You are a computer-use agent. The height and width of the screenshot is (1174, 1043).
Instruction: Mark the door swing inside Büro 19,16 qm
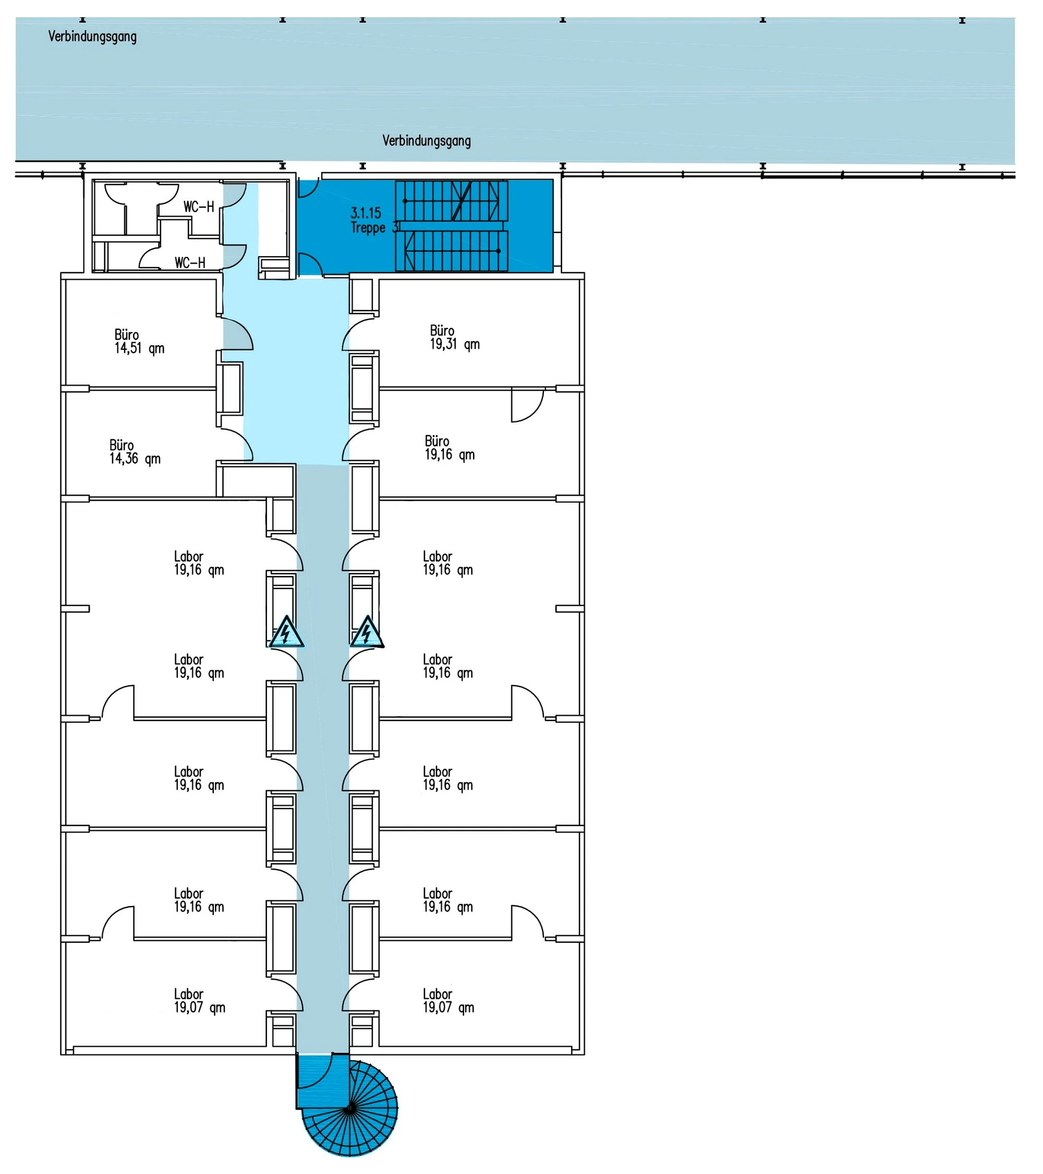(x=537, y=412)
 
